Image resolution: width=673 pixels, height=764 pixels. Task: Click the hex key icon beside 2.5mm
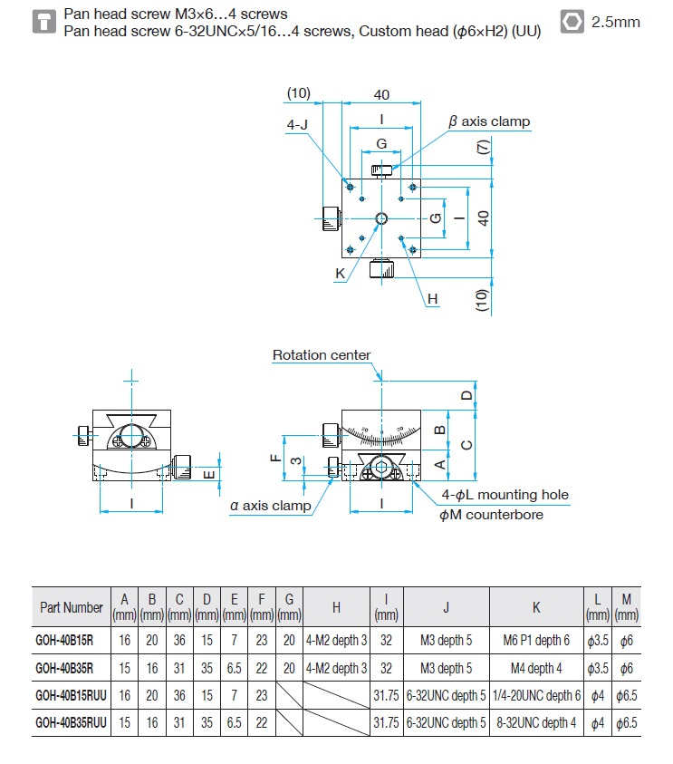pos(572,22)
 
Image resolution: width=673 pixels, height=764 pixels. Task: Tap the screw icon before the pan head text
pos(44,22)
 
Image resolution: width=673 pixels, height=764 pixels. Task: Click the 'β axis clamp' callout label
pos(489,121)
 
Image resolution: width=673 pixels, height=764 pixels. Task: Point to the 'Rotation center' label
pos(322,355)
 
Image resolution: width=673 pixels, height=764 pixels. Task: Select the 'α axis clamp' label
pos(270,506)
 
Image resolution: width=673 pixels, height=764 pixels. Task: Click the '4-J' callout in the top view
pos(297,125)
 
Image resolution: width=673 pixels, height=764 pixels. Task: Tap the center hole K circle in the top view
pos(381,218)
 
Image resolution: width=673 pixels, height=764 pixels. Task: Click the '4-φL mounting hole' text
pos(505,495)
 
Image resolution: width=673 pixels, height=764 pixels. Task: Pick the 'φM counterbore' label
pos(491,515)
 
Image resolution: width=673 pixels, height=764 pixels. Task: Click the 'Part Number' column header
pos(72,607)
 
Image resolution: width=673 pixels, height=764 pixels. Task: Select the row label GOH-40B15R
pos(64,640)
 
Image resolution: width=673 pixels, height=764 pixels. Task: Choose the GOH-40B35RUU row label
pos(71,722)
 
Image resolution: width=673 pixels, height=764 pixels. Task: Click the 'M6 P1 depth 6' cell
pos(536,640)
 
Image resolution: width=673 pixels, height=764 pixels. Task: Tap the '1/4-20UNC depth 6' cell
pos(536,695)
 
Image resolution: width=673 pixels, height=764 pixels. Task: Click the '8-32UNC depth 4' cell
pos(536,722)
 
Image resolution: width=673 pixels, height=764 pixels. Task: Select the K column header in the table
pos(536,607)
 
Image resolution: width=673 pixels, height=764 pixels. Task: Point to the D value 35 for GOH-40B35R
pos(207,668)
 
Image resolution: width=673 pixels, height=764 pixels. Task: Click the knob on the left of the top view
pos(332,218)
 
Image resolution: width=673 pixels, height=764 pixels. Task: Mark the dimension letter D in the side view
pos(466,395)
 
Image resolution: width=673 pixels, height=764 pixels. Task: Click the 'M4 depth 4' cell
pos(536,668)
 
